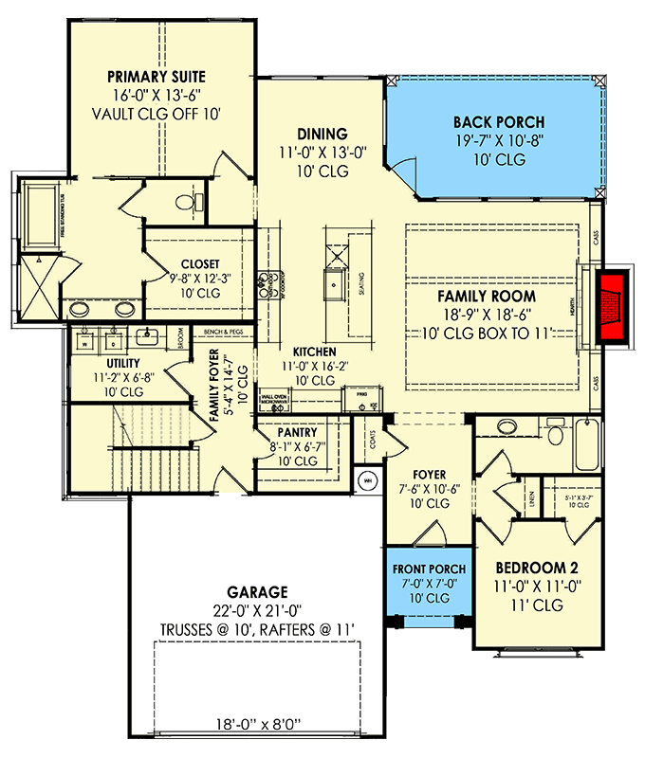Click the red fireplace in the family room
pyautogui.click(x=612, y=308)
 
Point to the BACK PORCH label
pyautogui.click(x=498, y=123)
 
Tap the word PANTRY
pyautogui.click(x=298, y=433)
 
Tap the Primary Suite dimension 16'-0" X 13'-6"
pyautogui.click(x=157, y=95)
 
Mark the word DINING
pyautogui.click(x=322, y=135)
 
